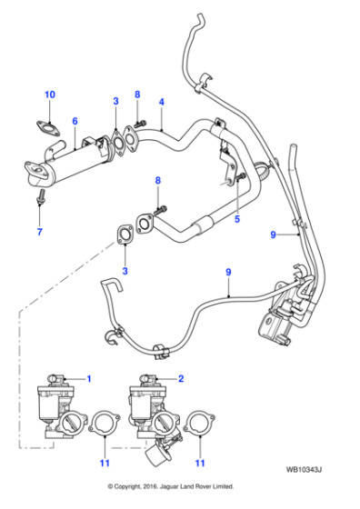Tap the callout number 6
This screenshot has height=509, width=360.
point(75,122)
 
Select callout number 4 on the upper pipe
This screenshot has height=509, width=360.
point(161,102)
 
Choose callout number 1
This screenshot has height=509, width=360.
point(89,377)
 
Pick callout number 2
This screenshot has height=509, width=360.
point(181,377)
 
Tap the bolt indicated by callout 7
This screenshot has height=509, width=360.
point(40,197)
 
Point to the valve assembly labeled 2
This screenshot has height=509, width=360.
point(149,408)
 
